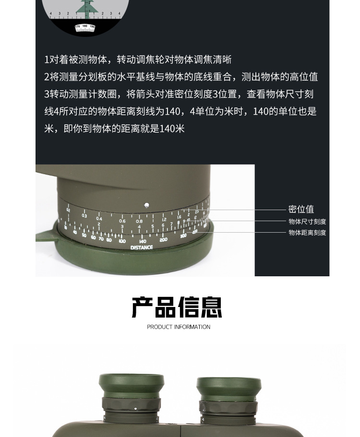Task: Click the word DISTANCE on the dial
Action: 142,248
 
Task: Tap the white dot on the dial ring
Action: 147,205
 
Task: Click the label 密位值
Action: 301,209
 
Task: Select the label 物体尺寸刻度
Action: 307,222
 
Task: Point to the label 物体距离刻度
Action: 307,233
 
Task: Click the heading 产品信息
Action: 177,307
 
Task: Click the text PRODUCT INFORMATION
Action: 179,327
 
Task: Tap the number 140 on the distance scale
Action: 142,241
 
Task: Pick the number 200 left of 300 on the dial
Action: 164,239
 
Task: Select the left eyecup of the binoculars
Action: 132,387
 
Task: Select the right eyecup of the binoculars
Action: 229,389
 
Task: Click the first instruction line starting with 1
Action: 138,59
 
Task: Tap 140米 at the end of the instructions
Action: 172,129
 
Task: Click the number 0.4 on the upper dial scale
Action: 99,219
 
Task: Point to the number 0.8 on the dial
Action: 139,222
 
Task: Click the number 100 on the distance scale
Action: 122,241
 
